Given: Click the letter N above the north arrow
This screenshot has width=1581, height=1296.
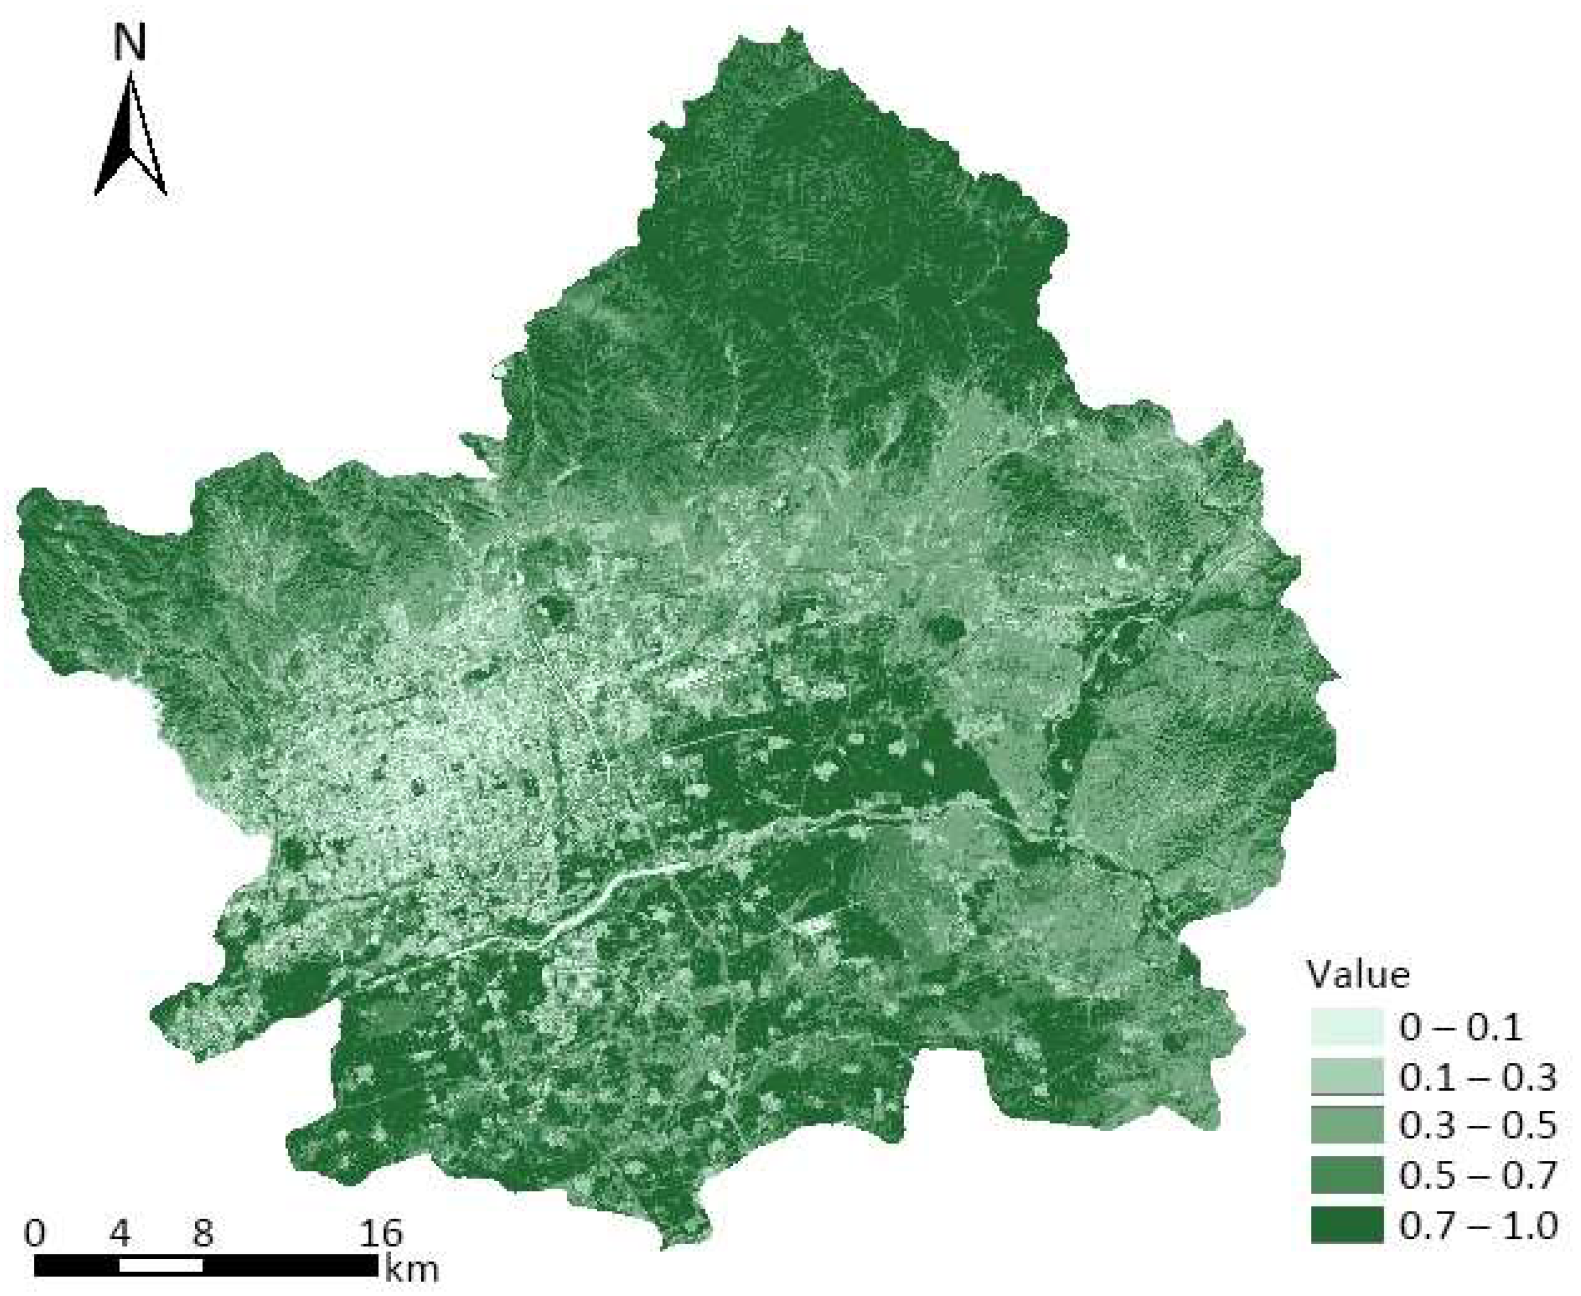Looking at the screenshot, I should coord(130,43).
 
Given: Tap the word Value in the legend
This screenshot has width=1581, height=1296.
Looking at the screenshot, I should coord(1358,975).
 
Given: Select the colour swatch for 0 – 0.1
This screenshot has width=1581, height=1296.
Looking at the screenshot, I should coord(1346,1027).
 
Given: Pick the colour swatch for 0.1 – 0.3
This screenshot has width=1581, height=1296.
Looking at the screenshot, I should coord(1346,1076).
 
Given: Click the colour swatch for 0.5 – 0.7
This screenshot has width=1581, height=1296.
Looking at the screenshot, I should coord(1346,1175).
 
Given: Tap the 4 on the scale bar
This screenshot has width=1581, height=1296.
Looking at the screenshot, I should coord(119,1233).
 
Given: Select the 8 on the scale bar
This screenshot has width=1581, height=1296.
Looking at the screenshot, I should coord(203,1233).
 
